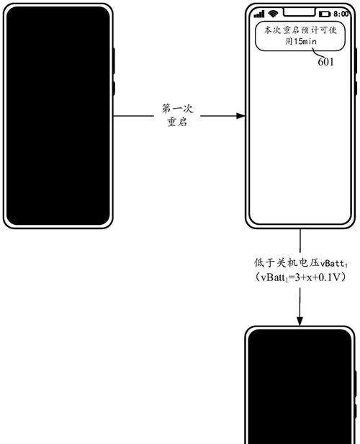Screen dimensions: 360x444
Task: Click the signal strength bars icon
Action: [x=258, y=14]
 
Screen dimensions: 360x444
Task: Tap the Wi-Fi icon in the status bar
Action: [x=273, y=14]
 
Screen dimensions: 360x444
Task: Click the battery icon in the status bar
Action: [x=325, y=14]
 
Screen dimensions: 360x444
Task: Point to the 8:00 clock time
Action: [x=341, y=14]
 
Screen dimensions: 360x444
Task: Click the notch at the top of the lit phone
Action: [x=300, y=12]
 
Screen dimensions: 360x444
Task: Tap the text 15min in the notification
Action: [x=305, y=42]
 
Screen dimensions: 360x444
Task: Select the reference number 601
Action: [x=325, y=62]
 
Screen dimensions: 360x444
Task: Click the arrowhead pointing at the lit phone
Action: [x=240, y=116]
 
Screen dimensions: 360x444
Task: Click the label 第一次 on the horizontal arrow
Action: [x=177, y=109]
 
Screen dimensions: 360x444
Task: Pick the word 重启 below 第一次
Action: [x=177, y=122]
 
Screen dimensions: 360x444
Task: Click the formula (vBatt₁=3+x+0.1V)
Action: [x=300, y=277]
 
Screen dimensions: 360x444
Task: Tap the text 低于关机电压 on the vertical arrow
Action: [x=287, y=263]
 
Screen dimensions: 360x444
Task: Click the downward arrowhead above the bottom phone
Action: [x=300, y=321]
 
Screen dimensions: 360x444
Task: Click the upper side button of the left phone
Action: [x=114, y=61]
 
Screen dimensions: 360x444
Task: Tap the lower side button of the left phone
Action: [x=114, y=89]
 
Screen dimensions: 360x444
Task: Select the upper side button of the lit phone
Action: [x=356, y=61]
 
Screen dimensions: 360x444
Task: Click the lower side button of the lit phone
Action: [x=356, y=89]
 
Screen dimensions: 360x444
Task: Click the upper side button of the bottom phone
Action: [x=356, y=383]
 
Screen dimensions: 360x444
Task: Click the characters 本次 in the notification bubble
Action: [x=273, y=30]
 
